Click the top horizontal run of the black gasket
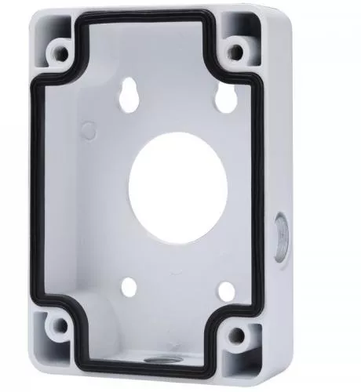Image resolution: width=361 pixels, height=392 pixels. pos(149,30)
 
